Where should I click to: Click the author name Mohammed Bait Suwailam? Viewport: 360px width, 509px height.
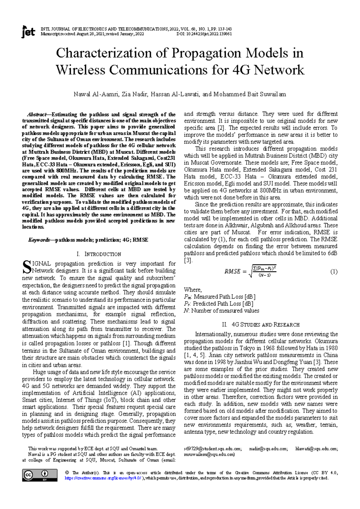point(250,94)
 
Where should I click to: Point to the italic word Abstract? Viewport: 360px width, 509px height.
point(37,115)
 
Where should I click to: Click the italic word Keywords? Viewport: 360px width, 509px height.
point(39,240)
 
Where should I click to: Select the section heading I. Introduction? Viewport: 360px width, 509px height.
point(99,254)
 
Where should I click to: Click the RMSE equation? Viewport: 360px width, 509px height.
point(250,271)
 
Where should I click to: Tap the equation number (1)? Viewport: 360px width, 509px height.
point(334,272)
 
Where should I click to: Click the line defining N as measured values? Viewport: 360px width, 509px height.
point(221,311)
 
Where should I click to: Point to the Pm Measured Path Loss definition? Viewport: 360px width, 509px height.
point(220,297)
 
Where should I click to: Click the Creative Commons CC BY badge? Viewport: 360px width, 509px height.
point(40,475)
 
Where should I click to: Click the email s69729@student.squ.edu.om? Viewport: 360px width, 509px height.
point(212,449)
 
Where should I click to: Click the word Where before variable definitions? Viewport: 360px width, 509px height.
point(193,290)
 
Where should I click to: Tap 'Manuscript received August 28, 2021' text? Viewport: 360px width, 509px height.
point(74,34)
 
